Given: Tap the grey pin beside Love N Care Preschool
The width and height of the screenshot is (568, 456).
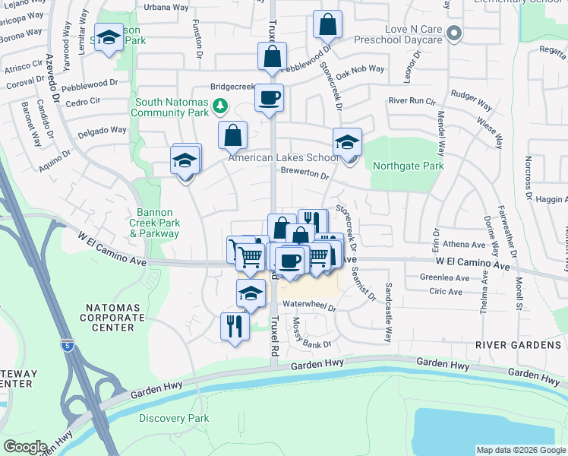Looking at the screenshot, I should [454, 33].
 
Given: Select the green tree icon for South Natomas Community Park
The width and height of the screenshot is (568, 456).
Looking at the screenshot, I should [219, 105].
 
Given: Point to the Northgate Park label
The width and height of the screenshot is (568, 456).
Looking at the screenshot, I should [409, 166].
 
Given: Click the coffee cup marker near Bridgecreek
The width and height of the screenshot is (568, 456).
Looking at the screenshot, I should [269, 98].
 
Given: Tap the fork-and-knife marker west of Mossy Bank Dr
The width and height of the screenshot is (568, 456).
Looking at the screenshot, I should [234, 327].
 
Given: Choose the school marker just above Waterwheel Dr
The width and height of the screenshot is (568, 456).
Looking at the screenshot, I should [251, 293].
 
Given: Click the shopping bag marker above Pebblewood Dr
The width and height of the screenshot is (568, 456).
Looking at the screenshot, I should [327, 25].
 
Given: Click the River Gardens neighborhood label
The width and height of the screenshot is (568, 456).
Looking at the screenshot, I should [512, 345].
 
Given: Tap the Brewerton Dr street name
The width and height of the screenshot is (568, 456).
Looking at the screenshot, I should [304, 174].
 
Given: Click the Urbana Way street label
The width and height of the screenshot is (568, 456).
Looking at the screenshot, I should [166, 7].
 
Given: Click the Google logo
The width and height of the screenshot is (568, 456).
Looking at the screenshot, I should [25, 447].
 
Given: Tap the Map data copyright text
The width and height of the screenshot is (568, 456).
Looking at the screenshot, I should [521, 450].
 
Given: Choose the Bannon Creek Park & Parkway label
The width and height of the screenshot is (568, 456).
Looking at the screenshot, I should [155, 223].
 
